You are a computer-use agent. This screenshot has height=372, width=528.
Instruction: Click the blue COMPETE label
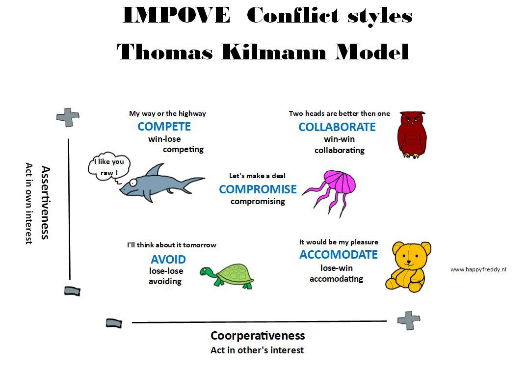click(x=164, y=127)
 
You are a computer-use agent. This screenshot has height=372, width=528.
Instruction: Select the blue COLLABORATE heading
click(x=337, y=127)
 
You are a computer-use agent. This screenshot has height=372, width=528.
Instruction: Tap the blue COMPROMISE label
click(x=258, y=189)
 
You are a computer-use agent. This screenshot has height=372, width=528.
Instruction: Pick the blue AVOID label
click(x=168, y=260)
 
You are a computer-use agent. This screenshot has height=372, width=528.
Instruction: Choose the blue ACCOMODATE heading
click(x=339, y=255)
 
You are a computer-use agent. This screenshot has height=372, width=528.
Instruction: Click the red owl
click(x=412, y=134)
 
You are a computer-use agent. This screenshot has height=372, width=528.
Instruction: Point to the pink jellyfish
click(x=332, y=191)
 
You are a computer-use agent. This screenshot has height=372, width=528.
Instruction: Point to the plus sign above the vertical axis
click(x=68, y=117)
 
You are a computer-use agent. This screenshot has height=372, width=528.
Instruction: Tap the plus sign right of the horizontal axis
click(x=409, y=320)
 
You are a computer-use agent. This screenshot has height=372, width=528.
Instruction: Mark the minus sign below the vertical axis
click(x=72, y=291)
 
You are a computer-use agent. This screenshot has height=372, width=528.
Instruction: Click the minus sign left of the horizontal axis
click(x=114, y=323)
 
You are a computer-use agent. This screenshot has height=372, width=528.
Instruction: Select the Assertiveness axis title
click(x=45, y=203)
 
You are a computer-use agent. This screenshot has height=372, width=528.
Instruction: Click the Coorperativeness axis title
click(x=258, y=336)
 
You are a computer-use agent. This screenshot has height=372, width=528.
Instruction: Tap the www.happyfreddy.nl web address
click(x=478, y=269)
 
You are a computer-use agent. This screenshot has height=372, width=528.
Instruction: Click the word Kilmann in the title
click(x=274, y=52)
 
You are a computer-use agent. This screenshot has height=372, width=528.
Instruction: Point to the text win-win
click(x=339, y=139)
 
